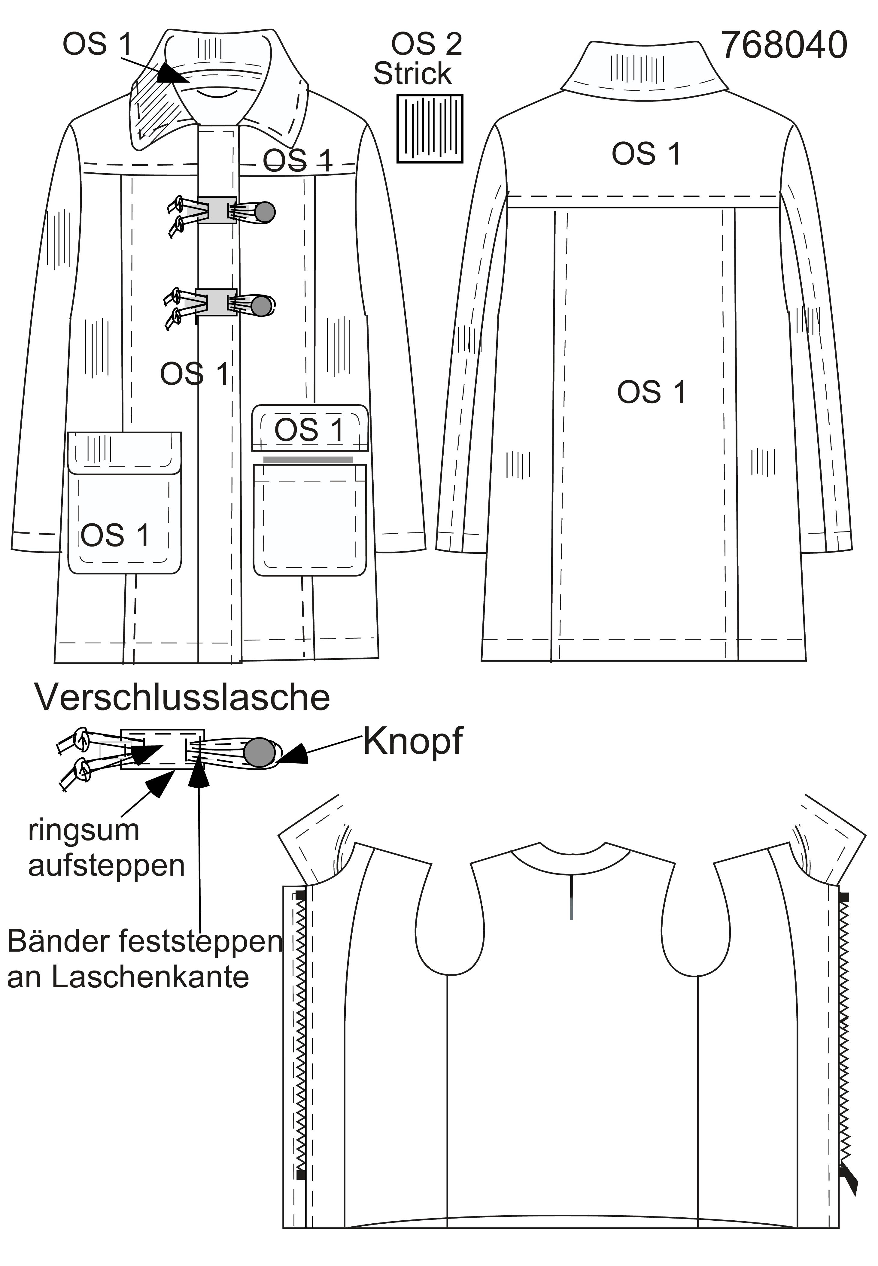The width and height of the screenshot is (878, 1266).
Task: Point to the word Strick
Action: click(413, 73)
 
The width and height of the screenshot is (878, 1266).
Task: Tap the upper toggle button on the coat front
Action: click(266, 211)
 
